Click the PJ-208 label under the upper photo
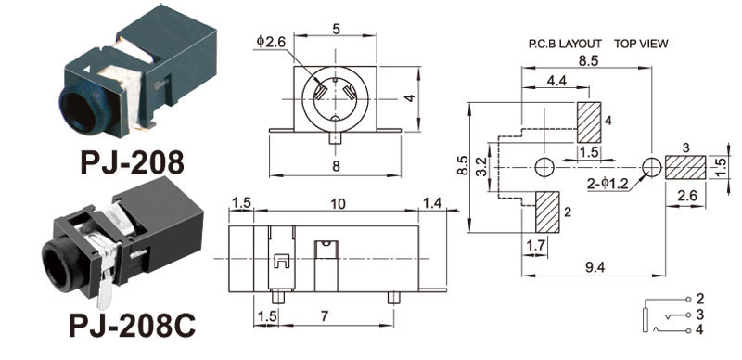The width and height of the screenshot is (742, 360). [x=132, y=162]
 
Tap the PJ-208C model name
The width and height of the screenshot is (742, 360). [x=132, y=325]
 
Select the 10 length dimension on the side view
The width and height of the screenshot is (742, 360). [x=338, y=204]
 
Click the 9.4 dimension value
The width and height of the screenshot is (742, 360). [x=595, y=267]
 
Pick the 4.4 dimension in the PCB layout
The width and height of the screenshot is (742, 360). [x=556, y=81]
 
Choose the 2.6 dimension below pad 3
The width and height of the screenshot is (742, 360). [x=687, y=196]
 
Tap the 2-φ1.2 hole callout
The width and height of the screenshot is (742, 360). [x=608, y=184]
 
